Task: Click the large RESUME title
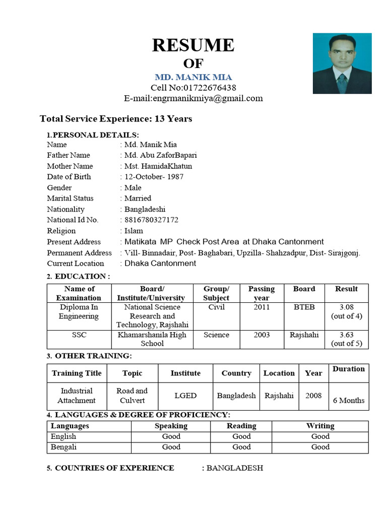[193, 45]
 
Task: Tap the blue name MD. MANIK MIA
[193, 78]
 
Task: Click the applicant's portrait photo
[342, 63]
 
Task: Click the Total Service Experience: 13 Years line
[116, 119]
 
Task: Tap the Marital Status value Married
[138, 199]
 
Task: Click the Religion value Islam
[134, 231]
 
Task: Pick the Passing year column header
[262, 293]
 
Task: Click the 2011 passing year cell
[262, 307]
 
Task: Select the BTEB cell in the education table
[304, 307]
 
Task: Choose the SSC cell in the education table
[79, 335]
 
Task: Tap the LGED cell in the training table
[185, 396]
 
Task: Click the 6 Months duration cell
[349, 401]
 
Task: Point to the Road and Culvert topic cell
[132, 396]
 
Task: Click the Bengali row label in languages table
[64, 447]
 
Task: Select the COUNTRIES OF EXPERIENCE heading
[114, 468]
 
